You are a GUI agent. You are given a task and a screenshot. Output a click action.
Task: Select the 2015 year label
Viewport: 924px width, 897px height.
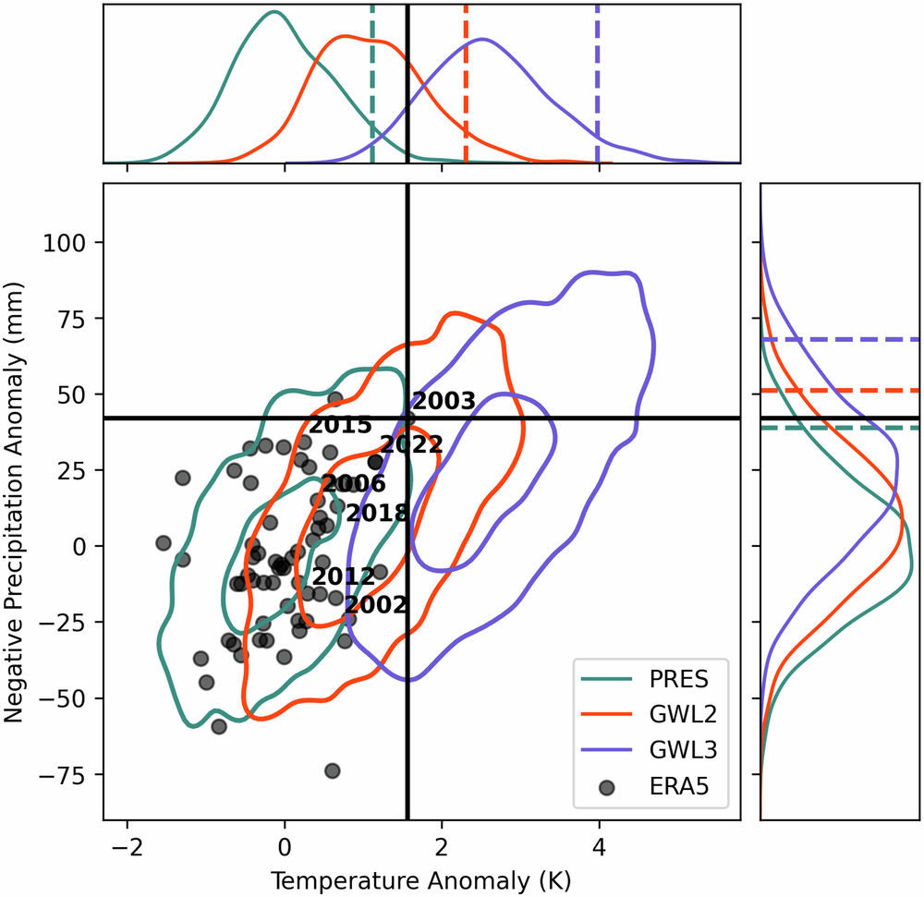340,426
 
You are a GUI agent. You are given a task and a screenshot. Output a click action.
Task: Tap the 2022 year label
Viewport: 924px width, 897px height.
411,444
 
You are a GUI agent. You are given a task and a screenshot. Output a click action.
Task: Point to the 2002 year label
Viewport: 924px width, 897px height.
375,605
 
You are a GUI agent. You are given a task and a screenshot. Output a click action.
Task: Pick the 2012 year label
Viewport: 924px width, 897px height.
343,576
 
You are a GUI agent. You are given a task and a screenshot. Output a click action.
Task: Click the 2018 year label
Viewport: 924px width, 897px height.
376,513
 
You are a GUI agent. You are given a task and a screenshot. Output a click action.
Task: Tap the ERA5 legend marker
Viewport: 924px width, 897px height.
606,787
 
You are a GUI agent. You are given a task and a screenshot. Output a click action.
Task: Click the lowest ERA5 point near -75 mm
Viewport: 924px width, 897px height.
333,770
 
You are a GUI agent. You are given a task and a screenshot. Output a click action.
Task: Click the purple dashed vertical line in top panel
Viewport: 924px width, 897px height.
598,83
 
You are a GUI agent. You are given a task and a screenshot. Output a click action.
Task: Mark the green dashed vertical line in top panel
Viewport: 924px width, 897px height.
372,83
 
